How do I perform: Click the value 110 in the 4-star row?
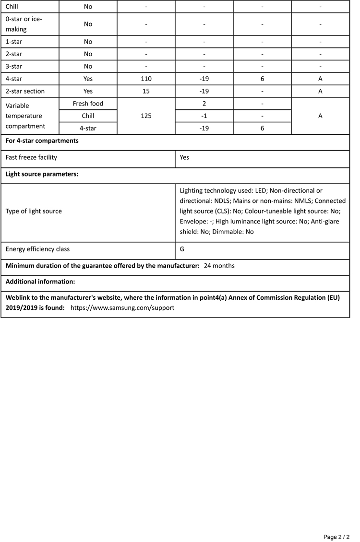tap(146, 79)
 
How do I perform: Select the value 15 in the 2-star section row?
tap(146, 91)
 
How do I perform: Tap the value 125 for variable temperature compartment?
tap(146, 116)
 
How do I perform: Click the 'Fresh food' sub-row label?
tap(88, 104)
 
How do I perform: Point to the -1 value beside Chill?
tap(204, 116)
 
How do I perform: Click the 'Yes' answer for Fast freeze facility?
tap(185, 157)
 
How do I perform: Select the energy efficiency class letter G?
tap(182, 249)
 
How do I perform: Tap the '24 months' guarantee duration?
tap(219, 266)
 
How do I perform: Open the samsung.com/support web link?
tap(122, 308)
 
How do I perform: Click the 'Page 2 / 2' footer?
tap(336, 537)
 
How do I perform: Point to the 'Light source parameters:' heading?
tap(42, 174)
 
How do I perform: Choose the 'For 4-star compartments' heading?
tap(42, 141)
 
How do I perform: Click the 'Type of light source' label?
tap(34, 211)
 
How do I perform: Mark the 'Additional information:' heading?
tap(40, 282)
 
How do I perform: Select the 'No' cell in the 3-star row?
tap(88, 66)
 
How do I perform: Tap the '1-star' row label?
tap(14, 42)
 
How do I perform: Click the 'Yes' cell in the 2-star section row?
tap(88, 91)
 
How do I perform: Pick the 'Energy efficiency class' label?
tap(37, 249)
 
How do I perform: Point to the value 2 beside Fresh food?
tap(204, 104)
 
